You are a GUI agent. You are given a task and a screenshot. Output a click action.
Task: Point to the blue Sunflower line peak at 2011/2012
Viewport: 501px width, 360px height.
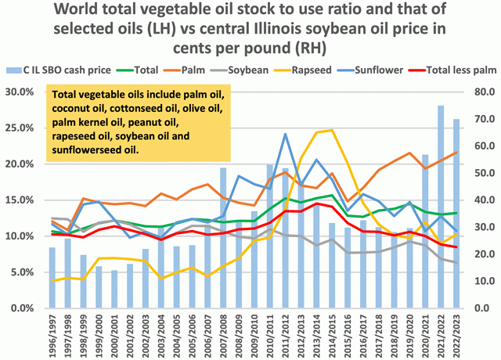285,134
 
